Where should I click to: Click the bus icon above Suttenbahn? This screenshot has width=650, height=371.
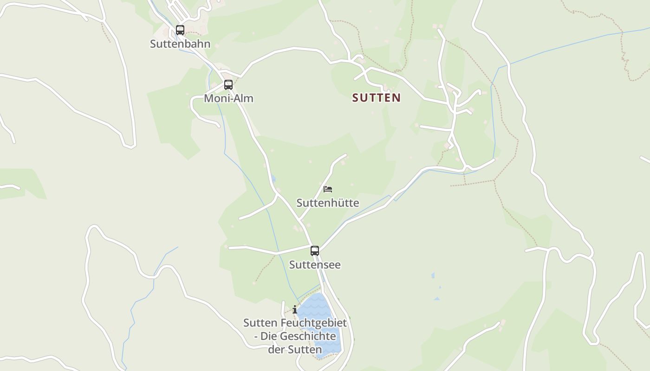pyautogui.click(x=180, y=30)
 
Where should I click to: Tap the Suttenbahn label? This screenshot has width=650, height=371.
pyautogui.click(x=180, y=44)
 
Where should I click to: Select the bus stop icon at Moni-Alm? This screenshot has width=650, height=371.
pyautogui.click(x=228, y=85)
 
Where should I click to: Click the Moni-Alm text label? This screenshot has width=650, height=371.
pyautogui.click(x=228, y=98)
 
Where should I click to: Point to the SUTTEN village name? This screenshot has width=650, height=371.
pyautogui.click(x=376, y=98)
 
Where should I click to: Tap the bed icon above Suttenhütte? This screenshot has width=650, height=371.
pyautogui.click(x=328, y=189)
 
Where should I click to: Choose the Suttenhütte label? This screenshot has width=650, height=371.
pyautogui.click(x=327, y=203)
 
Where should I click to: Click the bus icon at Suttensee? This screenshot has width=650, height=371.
pyautogui.click(x=315, y=251)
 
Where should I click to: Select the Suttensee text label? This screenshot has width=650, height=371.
pyautogui.click(x=315, y=265)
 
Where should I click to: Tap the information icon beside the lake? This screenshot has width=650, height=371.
pyautogui.click(x=295, y=309)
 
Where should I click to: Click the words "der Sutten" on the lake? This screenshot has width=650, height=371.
pyautogui.click(x=295, y=350)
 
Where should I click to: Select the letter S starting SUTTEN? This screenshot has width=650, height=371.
pyautogui.click(x=356, y=98)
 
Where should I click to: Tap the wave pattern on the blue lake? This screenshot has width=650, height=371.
pyautogui.click(x=316, y=304)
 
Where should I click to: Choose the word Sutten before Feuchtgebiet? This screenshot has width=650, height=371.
pyautogui.click(x=260, y=323)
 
